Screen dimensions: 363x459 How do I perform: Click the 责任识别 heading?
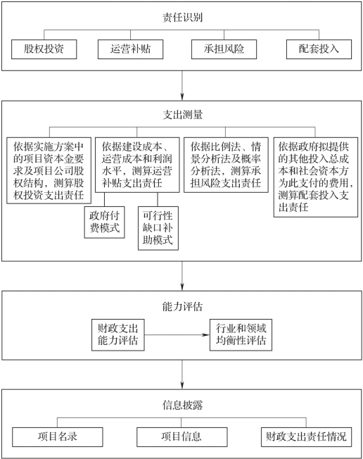(x=182, y=18)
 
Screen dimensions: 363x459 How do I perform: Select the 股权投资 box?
(x=44, y=49)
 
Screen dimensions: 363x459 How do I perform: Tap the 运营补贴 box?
(x=130, y=49)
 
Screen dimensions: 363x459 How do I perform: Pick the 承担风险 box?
(x=224, y=49)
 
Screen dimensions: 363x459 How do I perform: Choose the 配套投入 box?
(x=319, y=49)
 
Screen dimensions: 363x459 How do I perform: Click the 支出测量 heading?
(x=182, y=115)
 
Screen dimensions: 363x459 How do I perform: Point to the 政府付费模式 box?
(x=104, y=222)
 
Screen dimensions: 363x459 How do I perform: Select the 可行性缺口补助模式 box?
(x=158, y=228)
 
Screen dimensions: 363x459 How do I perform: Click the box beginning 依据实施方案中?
(x=49, y=170)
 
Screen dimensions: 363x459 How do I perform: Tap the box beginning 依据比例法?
(x=226, y=165)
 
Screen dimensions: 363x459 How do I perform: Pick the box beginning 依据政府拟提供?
(x=316, y=177)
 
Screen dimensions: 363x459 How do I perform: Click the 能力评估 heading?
(x=182, y=306)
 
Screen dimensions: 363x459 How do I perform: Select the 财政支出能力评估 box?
(x=118, y=335)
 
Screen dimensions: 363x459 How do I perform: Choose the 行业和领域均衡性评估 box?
(x=241, y=335)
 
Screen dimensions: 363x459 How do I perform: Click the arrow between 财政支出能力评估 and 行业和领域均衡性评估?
(x=177, y=335)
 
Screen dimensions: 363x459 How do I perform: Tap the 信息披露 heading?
(x=182, y=405)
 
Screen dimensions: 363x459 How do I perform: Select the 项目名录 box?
(x=57, y=437)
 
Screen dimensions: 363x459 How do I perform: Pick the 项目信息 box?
(x=182, y=437)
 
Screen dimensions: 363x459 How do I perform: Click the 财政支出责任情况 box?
(x=306, y=437)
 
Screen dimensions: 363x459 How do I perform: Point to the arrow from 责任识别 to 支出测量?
(x=182, y=85)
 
